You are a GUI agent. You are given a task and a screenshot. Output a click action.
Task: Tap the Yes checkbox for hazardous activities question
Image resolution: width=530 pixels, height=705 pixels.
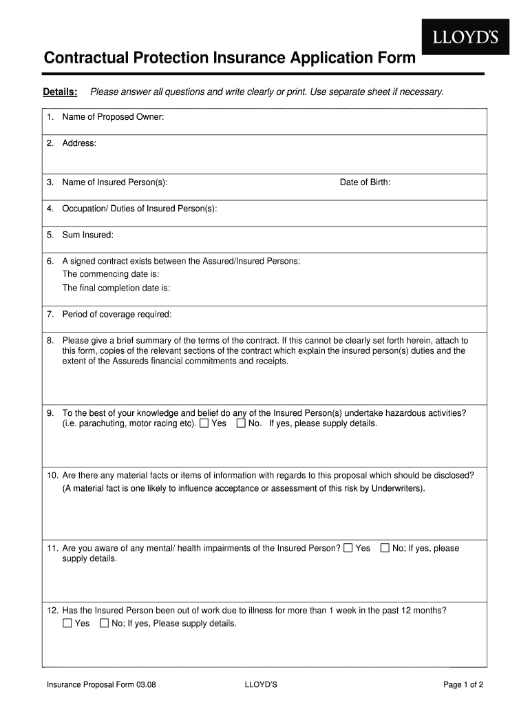(x=204, y=423)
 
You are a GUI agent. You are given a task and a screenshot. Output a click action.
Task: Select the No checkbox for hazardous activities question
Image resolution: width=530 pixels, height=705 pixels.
(x=241, y=423)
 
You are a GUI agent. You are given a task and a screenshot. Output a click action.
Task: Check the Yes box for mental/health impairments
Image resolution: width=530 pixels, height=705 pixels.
(x=348, y=548)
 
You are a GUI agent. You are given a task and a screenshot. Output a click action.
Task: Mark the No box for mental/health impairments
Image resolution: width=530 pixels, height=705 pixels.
(x=385, y=548)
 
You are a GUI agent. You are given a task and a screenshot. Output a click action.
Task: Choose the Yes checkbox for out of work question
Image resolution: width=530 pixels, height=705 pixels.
(x=67, y=624)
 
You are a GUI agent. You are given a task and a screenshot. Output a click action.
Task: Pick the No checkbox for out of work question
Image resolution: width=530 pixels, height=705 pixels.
(x=104, y=624)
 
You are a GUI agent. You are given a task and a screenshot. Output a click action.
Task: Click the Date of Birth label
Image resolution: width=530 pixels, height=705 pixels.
(x=365, y=182)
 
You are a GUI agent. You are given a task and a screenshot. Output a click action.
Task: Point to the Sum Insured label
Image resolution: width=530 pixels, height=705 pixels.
(x=87, y=235)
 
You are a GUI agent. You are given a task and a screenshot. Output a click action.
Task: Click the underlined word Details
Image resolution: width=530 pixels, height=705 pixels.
(x=60, y=92)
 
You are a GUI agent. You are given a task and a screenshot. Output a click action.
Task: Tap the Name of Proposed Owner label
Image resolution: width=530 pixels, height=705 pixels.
(x=113, y=117)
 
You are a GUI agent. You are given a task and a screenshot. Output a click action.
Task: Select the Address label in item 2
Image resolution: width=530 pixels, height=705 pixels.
(x=79, y=143)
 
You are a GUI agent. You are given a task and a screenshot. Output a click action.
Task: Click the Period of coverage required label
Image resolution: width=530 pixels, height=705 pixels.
(x=116, y=315)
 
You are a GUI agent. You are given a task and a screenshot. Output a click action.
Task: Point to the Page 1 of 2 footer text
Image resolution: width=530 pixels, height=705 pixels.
(x=464, y=685)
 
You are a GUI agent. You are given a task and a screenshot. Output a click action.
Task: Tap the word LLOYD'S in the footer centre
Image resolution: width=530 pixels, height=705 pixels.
(x=261, y=685)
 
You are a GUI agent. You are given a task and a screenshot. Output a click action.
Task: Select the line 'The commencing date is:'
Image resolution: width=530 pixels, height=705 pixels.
(x=111, y=274)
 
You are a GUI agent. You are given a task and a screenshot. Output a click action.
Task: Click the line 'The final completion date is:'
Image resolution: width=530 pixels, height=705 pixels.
(x=116, y=288)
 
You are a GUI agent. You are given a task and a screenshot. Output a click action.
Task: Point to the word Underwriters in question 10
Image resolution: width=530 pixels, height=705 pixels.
(x=393, y=489)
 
